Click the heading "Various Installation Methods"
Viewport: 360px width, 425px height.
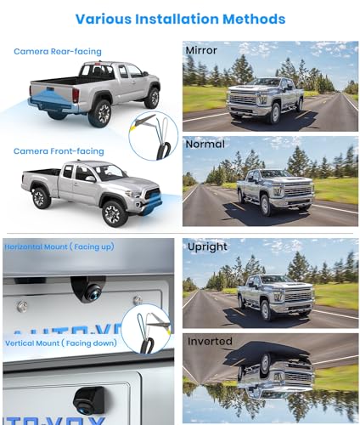click(x=180, y=18)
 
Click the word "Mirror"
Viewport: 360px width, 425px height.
click(x=203, y=51)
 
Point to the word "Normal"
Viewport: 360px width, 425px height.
click(x=205, y=145)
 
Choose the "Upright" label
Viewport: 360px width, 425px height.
click(x=206, y=247)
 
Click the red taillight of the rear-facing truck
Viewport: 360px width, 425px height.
click(x=75, y=93)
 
